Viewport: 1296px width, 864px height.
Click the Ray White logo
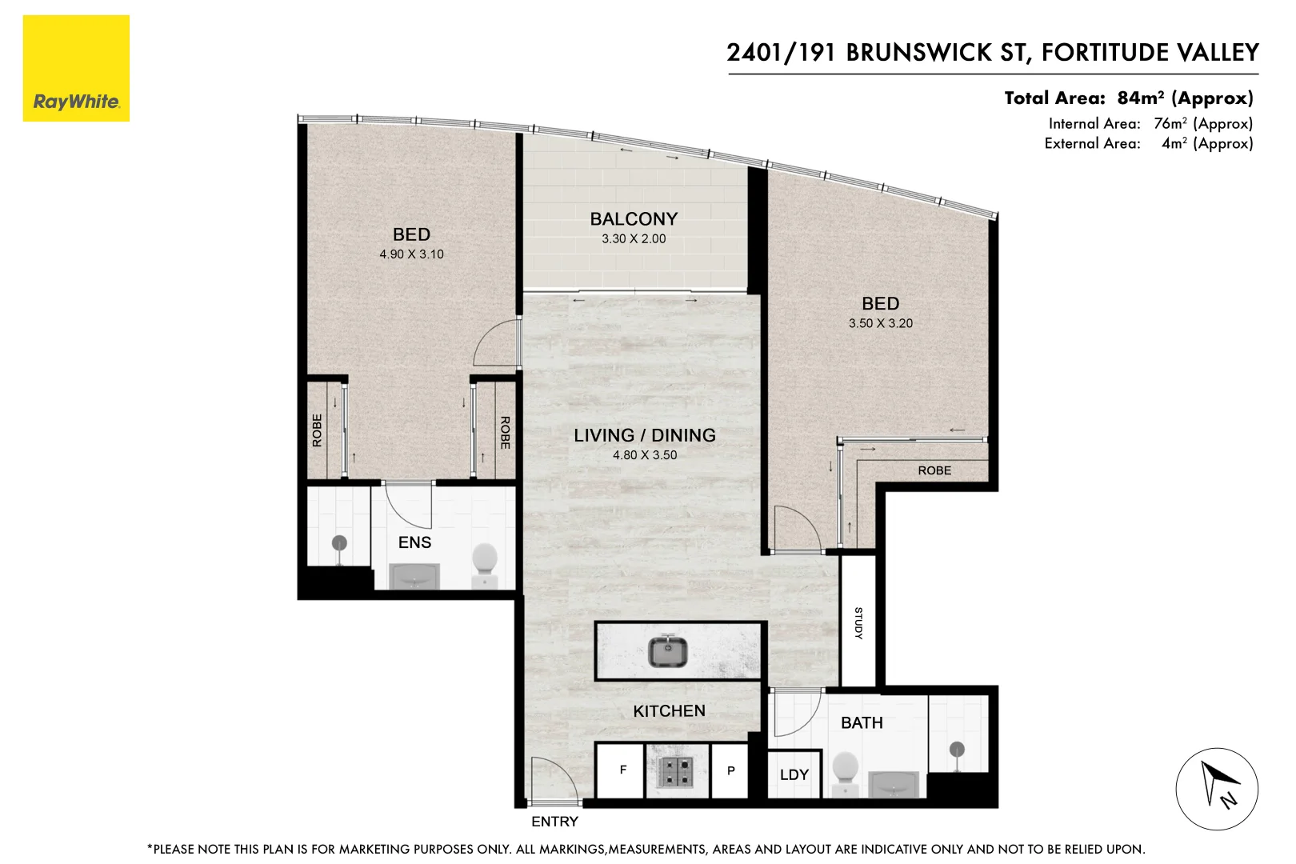point(76,69)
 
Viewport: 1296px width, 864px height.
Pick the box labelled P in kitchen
point(730,771)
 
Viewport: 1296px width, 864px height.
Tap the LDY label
point(794,774)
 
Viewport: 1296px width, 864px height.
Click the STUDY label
point(858,622)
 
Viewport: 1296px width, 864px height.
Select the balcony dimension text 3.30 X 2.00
point(634,238)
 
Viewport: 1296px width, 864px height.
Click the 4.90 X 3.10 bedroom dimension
point(411,254)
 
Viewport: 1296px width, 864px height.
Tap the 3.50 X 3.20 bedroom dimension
point(880,323)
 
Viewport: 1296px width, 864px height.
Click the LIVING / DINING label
point(644,435)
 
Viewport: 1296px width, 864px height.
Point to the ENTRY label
point(554,822)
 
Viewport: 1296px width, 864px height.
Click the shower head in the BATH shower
point(957,750)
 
